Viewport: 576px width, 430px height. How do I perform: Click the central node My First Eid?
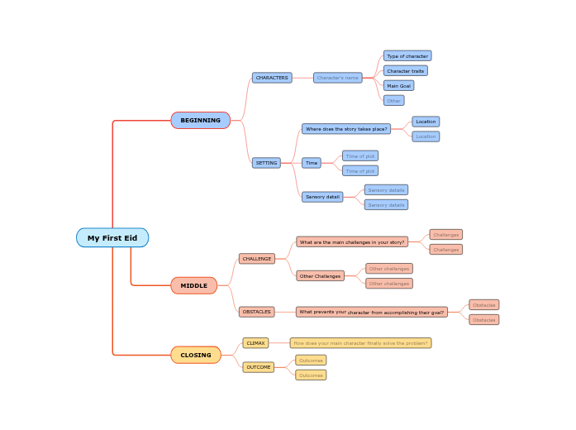pyautogui.click(x=112, y=238)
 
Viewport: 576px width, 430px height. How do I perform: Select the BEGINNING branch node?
pyautogui.click(x=200, y=121)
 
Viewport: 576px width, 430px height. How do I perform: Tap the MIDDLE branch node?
pyautogui.click(x=194, y=286)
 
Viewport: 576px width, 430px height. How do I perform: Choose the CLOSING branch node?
pyautogui.click(x=196, y=356)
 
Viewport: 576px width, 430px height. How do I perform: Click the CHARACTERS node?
pyautogui.click(x=272, y=78)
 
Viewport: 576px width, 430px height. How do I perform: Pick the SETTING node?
pyautogui.click(x=266, y=163)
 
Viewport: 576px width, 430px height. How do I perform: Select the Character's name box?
pyautogui.click(x=337, y=78)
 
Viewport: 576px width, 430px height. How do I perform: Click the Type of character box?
pyautogui.click(x=407, y=56)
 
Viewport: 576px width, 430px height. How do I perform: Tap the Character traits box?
pyautogui.click(x=405, y=71)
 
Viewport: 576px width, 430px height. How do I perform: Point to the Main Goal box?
pyautogui.click(x=398, y=86)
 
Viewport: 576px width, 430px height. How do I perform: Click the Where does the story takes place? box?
pyautogui.click(x=346, y=129)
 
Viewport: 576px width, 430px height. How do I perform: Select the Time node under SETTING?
pyautogui.click(x=312, y=163)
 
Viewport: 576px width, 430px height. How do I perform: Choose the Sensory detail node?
pyautogui.click(x=322, y=197)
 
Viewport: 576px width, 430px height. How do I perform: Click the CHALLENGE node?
pyautogui.click(x=257, y=259)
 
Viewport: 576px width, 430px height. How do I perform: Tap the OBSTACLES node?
pyautogui.click(x=257, y=312)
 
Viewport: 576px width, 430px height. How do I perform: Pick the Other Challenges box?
pyautogui.click(x=320, y=276)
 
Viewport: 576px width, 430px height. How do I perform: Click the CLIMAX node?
pyautogui.click(x=255, y=343)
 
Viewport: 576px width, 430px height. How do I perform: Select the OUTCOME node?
pyautogui.click(x=259, y=367)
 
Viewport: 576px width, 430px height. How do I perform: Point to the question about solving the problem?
pyautogui.click(x=360, y=343)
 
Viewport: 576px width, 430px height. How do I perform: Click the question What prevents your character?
pyautogui.click(x=371, y=313)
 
